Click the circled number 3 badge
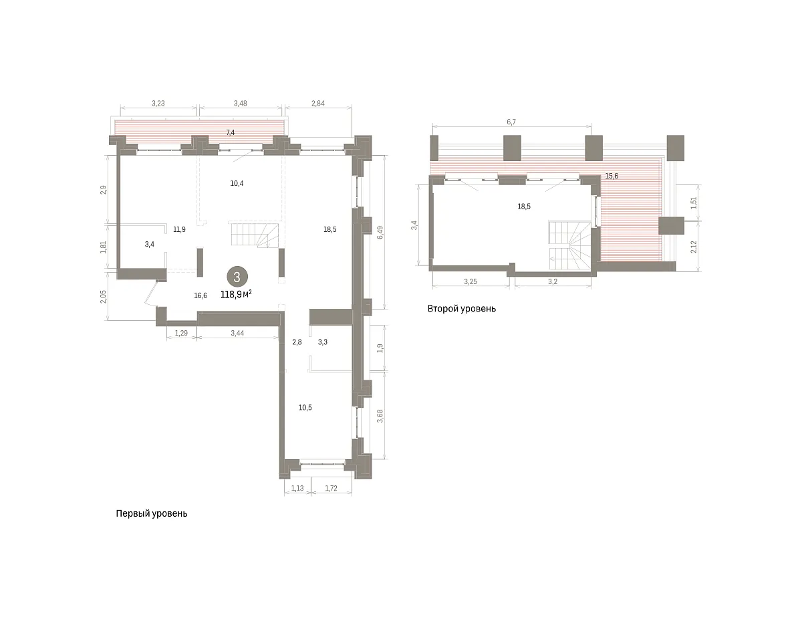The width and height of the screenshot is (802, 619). pos(237,277)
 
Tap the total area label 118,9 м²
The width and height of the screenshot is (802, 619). pos(236,294)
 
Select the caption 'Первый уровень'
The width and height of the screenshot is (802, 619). pos(152,514)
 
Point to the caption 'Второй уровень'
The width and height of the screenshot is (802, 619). pos(461,309)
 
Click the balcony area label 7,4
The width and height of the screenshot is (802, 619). pos(231,132)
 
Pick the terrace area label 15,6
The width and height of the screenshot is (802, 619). pos(612,176)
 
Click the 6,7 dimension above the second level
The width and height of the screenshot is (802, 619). pos(511,122)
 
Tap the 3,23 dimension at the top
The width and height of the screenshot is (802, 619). pos(158,104)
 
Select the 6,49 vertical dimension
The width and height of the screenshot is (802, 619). pos(380,232)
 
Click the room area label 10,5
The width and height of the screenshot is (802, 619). pos(305,408)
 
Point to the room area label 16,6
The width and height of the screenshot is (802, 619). pos(200,295)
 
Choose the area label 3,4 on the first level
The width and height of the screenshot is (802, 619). pos(150,244)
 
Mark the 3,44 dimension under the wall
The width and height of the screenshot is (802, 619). pos(237,333)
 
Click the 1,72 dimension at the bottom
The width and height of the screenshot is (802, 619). pos(331,488)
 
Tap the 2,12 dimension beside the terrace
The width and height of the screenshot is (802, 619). pos(694,247)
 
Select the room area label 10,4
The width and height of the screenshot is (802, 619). pos(237,183)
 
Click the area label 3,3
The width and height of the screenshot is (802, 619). pos(323,342)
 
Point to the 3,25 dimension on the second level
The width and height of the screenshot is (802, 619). pos(471,281)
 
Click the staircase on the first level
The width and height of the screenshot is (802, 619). pos(254,235)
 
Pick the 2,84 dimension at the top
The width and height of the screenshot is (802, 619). pos(317,104)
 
